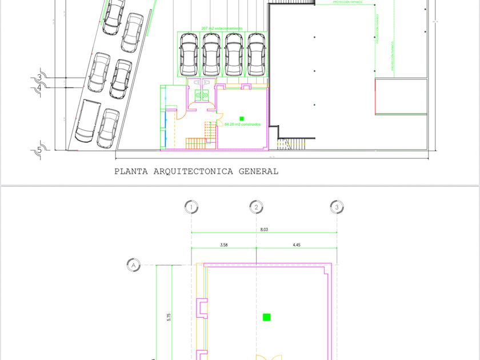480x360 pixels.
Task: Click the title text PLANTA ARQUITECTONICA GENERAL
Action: [x=196, y=171]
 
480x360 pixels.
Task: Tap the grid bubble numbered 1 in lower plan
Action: [x=191, y=207]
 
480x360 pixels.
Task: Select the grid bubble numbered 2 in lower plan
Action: [x=257, y=207]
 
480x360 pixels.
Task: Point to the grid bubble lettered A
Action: [x=133, y=265]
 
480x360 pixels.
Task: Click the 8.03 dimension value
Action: [x=263, y=230]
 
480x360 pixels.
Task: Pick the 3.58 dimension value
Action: [x=223, y=245]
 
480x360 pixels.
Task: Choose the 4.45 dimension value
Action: [x=297, y=245]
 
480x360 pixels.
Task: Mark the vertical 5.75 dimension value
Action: [x=169, y=317]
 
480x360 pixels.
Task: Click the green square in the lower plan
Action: [x=266, y=317]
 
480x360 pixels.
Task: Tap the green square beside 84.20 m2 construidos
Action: [x=242, y=119]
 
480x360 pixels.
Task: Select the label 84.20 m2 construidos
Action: [x=243, y=124]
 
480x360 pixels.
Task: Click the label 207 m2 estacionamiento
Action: [x=222, y=29]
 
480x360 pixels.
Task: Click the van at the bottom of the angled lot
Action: [x=88, y=121]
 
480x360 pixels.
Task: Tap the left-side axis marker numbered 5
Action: [x=39, y=150]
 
